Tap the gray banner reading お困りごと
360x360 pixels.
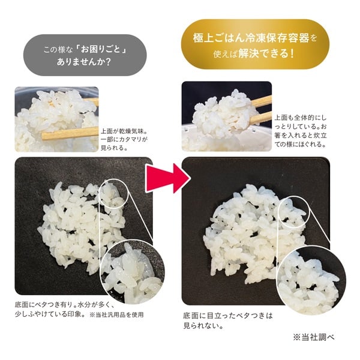click(85, 55)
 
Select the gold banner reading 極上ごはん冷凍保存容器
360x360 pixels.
click(255, 44)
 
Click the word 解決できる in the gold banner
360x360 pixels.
click(263, 54)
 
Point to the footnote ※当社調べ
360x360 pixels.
click(313, 337)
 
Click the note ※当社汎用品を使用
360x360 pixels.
click(116, 314)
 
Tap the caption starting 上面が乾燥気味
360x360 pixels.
click(124, 140)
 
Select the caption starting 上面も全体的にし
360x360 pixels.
click(301, 131)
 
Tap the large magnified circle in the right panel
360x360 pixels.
click(311, 279)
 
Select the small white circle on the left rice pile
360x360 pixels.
click(113, 194)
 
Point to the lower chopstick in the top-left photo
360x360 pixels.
click(70, 133)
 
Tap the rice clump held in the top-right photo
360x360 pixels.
click(224, 113)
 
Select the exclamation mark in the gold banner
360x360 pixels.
click(292, 54)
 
